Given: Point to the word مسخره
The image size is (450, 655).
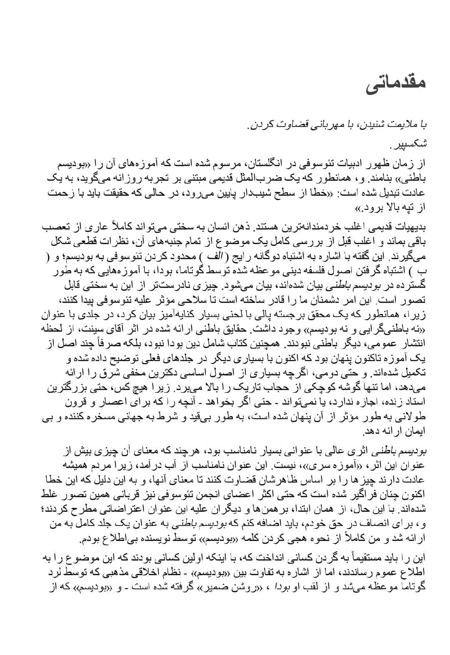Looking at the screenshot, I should point(115,417).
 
